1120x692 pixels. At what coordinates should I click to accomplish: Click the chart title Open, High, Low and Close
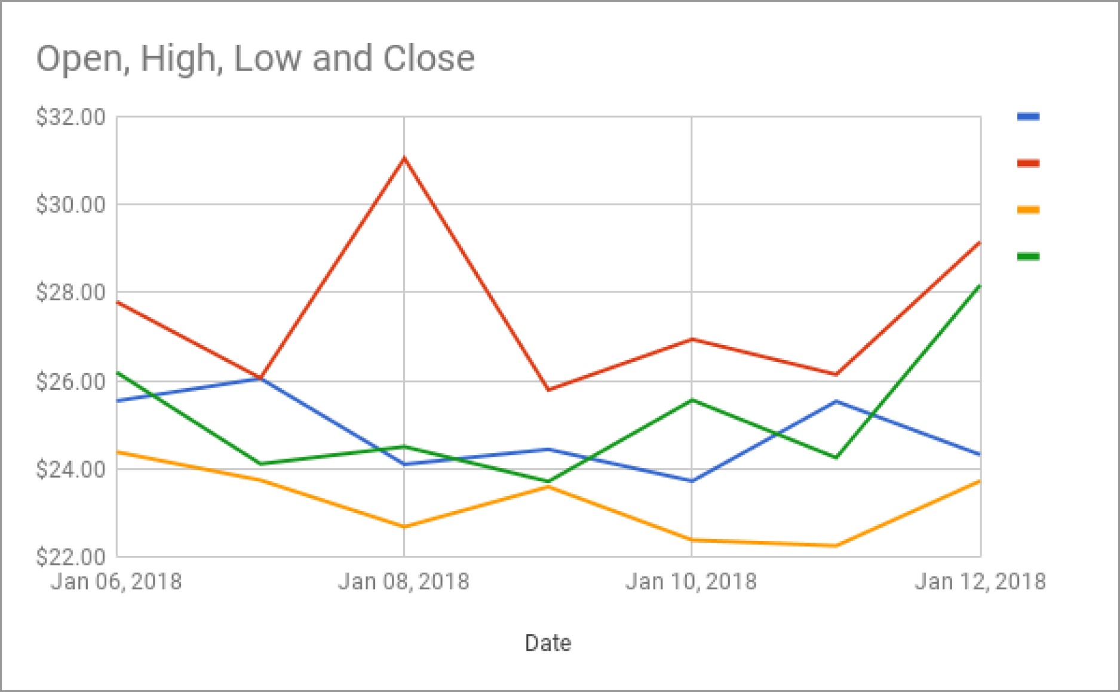click(256, 59)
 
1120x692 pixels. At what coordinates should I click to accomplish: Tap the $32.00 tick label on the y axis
click(70, 117)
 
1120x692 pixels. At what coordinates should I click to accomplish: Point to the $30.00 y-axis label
click(70, 205)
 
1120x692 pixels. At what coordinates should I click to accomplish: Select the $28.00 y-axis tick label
click(70, 293)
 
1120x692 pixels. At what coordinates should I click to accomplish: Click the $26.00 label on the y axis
click(70, 381)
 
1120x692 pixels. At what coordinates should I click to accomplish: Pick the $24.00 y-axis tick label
click(70, 469)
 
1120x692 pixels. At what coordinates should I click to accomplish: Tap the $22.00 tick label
click(70, 557)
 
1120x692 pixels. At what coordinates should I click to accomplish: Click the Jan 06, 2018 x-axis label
click(116, 582)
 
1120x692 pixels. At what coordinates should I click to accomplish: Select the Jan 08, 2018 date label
click(404, 582)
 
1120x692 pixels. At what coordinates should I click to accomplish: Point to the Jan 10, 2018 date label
click(691, 582)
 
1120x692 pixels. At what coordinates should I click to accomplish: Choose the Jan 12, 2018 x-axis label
click(980, 582)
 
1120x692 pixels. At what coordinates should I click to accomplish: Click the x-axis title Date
click(548, 643)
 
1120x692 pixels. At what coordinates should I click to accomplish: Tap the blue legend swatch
click(1028, 117)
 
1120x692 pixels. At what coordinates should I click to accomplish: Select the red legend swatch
click(1028, 163)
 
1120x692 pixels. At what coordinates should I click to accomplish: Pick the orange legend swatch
click(1028, 210)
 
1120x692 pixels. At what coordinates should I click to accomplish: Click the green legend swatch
click(1028, 257)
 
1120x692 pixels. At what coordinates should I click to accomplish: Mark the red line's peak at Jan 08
click(404, 158)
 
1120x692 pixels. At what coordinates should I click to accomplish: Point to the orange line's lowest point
click(836, 545)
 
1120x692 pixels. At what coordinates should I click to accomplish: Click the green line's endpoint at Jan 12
click(980, 286)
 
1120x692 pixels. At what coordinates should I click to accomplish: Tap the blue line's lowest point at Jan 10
click(692, 481)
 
